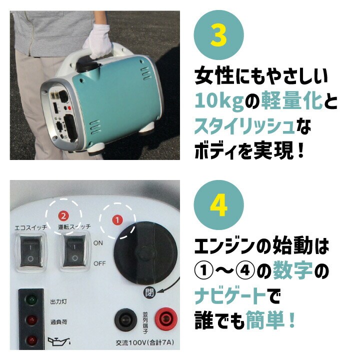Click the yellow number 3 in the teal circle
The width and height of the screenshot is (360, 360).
click(218, 35)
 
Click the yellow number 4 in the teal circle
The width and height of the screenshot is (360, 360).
click(218, 205)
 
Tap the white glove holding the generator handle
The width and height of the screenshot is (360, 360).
click(97, 42)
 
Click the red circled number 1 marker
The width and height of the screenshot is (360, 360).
click(117, 220)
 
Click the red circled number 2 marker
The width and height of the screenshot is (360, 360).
click(63, 216)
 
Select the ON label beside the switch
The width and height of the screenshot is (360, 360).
click(98, 243)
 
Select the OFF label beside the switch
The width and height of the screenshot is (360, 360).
click(99, 263)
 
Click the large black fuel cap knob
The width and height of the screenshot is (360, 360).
click(145, 253)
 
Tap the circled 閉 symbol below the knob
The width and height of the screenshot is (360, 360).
click(149, 292)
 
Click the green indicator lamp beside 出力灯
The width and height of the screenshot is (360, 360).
click(31, 299)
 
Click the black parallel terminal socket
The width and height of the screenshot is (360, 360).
click(126, 319)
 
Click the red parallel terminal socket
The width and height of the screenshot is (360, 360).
click(166, 318)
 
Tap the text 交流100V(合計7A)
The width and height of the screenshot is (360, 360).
click(144, 343)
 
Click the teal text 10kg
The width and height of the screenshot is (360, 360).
click(219, 101)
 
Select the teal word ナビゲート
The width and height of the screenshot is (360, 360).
click(230, 296)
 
